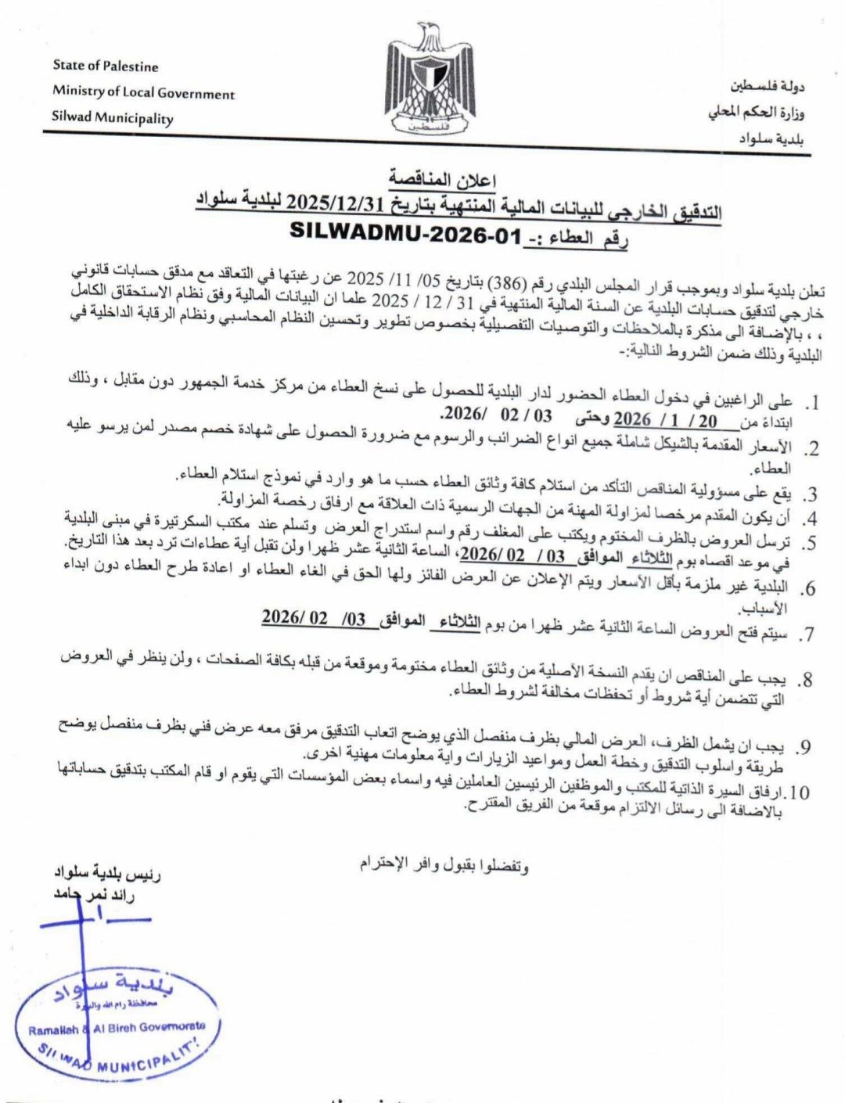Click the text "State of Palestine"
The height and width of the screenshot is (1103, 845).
(x=106, y=66)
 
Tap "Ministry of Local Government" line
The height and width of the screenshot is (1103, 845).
(x=143, y=92)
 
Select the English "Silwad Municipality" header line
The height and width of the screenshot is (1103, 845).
(x=113, y=119)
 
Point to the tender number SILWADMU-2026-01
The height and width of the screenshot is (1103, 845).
(x=405, y=232)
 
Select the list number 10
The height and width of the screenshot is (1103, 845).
(x=800, y=792)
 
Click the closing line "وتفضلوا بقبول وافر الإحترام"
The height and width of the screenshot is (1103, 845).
(x=444, y=864)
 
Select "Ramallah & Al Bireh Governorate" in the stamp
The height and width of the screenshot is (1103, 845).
(x=117, y=1027)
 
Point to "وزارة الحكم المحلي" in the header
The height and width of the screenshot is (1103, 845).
(x=757, y=113)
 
